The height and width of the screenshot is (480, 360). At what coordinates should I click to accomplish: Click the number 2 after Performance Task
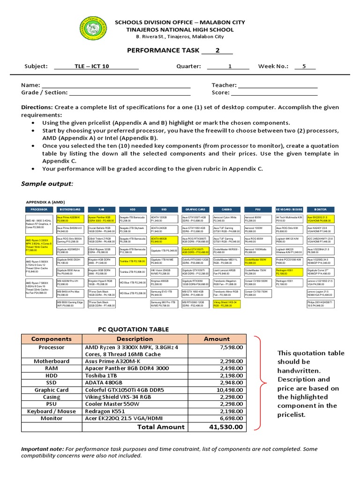(x=217, y=50)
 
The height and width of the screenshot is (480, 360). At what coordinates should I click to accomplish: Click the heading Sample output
(x=47, y=183)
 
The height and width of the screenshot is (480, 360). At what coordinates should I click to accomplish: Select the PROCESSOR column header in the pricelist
(x=39, y=209)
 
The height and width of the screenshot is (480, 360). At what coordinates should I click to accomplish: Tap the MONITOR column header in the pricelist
(x=321, y=209)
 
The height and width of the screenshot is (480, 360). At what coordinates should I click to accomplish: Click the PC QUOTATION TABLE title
(x=133, y=330)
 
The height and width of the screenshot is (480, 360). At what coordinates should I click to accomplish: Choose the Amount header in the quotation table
(x=217, y=338)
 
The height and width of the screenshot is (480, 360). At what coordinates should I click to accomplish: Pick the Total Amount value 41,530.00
(x=227, y=427)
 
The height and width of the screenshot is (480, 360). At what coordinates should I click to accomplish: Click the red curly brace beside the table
(x=259, y=382)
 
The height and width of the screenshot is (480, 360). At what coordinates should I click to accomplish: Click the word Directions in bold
(x=37, y=107)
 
